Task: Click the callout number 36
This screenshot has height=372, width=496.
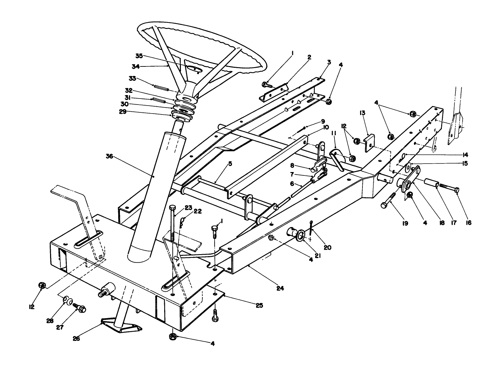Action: tap(110, 157)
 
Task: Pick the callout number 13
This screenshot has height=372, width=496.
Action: tap(362, 112)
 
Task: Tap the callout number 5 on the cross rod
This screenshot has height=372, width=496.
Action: tap(230, 164)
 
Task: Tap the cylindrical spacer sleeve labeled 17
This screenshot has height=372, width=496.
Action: tap(430, 182)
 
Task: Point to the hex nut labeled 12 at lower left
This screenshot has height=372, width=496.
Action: tap(42, 285)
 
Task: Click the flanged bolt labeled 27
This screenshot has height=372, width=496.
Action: tap(81, 308)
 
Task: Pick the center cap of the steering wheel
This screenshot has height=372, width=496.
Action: tap(195, 69)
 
